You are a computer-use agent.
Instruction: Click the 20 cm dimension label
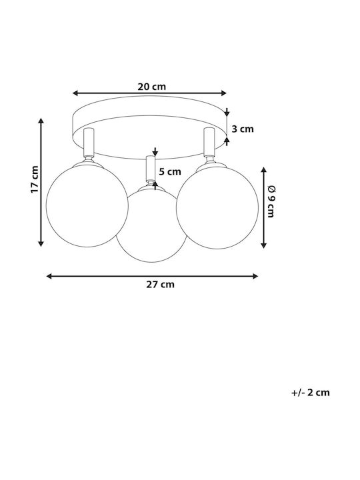(x=151, y=87)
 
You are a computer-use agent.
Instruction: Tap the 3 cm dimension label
(x=243, y=129)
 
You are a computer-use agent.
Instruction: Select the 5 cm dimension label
(x=170, y=172)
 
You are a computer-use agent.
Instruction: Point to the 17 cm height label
(x=35, y=179)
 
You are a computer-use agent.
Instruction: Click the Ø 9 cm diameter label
(x=271, y=201)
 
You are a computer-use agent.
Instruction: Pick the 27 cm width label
(x=160, y=285)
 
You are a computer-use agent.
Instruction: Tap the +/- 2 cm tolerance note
(x=311, y=393)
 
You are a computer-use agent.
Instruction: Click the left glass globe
(x=87, y=206)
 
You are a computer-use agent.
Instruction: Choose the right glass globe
(x=217, y=207)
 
